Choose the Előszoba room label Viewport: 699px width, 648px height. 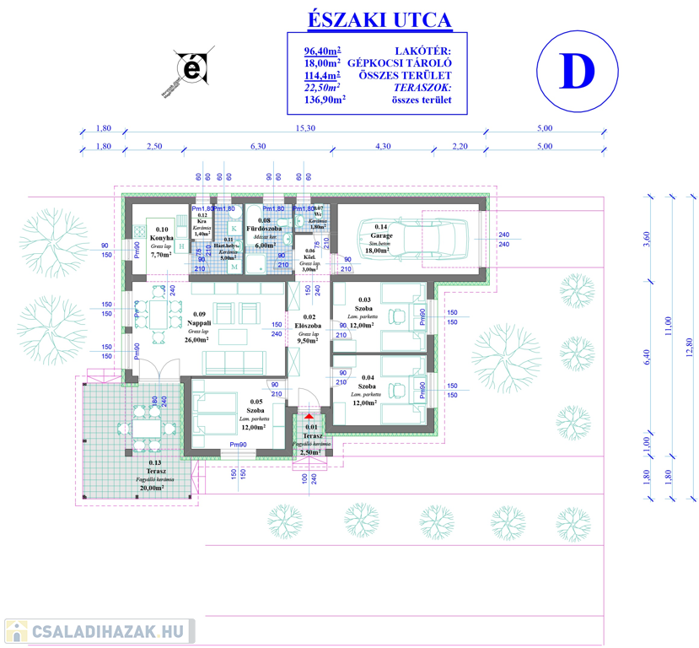(x=307, y=325)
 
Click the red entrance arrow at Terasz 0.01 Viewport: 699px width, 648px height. (x=309, y=415)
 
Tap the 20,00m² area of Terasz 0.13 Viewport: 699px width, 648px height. (x=153, y=488)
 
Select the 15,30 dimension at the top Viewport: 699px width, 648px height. (x=305, y=128)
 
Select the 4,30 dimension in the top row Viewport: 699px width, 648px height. (x=382, y=147)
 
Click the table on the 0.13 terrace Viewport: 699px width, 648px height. (x=149, y=429)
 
